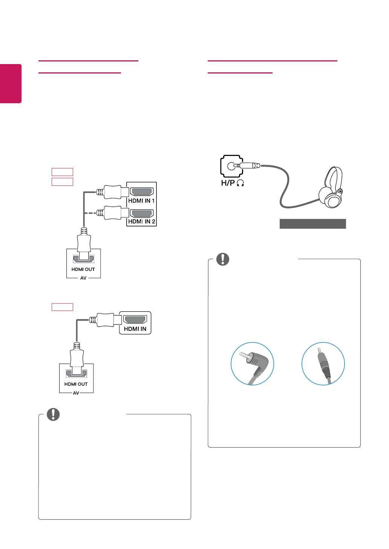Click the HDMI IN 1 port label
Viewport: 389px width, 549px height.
pos(141,201)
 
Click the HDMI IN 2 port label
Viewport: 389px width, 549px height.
pos(141,222)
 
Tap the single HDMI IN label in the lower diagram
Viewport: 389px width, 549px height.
pos(135,329)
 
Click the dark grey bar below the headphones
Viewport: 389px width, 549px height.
pos(312,224)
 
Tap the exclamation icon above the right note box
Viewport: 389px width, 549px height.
pos(223,259)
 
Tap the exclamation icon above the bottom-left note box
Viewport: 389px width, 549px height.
pos(53,414)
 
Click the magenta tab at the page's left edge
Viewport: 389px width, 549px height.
pos(11,83)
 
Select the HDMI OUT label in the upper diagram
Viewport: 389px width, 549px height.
pos(83,269)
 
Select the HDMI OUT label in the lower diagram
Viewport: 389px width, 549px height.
pos(76,384)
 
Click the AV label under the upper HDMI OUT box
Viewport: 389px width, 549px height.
pos(83,278)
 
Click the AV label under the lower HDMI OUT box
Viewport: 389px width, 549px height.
pos(76,393)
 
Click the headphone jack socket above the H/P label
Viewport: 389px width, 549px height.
pos(231,165)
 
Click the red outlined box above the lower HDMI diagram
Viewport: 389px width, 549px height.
pos(62,307)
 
